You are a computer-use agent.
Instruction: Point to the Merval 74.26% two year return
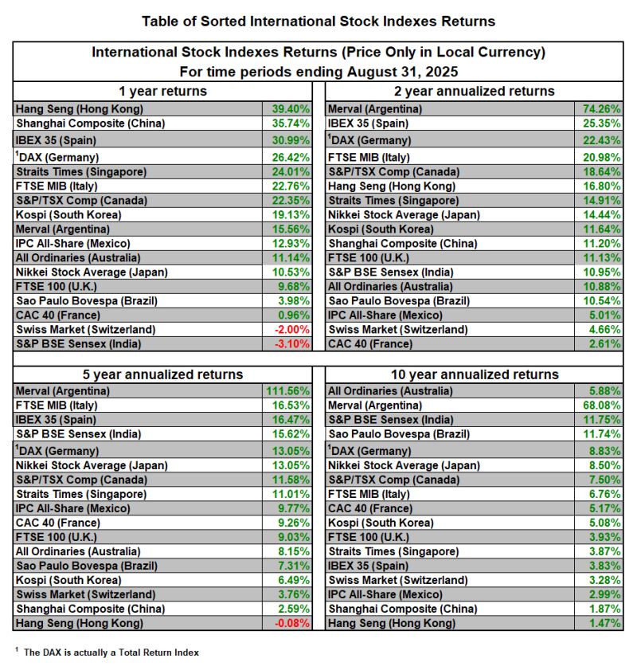pos(600,108)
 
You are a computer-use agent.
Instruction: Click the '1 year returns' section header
pos(162,91)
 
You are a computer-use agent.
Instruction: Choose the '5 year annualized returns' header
pos(162,374)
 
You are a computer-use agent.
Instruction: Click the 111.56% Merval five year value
pos(283,391)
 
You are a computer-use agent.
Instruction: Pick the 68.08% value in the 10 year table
pos(600,406)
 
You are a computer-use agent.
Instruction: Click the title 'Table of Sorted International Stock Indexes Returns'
pos(318,22)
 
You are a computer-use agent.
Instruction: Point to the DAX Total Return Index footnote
pos(111,652)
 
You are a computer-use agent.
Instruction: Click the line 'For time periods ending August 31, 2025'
pos(318,71)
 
